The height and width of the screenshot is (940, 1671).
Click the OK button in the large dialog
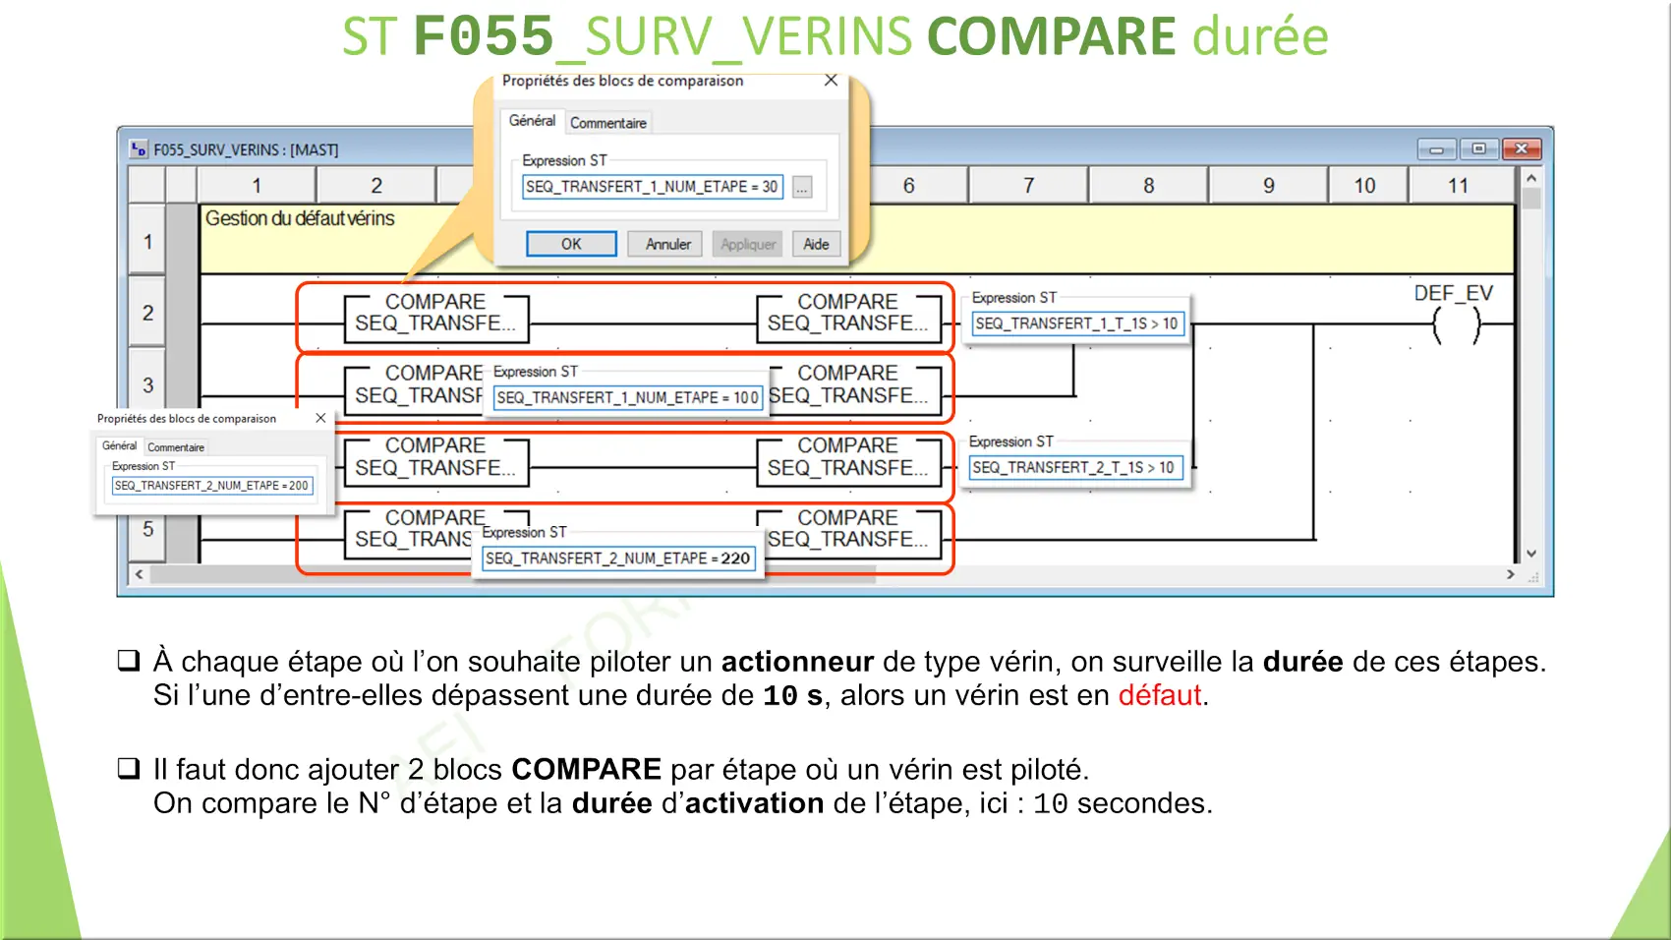click(x=571, y=244)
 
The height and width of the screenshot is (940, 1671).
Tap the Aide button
click(x=816, y=244)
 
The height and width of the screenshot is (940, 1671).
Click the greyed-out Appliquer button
click(x=747, y=244)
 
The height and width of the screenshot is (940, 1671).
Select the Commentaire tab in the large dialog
click(x=608, y=123)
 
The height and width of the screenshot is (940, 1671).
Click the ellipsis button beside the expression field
click(x=802, y=187)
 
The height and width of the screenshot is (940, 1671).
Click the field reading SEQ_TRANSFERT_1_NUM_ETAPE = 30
click(x=652, y=187)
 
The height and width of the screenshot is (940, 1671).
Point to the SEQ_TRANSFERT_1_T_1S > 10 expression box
click(x=1077, y=323)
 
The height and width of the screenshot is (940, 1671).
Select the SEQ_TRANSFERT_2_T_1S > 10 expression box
click(x=1075, y=467)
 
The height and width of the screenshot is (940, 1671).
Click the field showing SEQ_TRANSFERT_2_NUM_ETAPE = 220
click(x=618, y=558)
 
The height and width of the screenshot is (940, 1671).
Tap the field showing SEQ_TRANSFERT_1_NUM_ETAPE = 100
click(x=627, y=397)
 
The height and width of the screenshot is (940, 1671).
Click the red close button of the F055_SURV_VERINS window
click(x=1521, y=149)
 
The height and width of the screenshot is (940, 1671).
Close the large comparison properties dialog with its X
click(x=831, y=80)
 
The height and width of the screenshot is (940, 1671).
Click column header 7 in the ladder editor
click(x=1028, y=185)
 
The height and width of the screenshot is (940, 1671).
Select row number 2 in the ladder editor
click(x=147, y=312)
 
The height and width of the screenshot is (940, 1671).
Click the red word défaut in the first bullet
click(x=1159, y=695)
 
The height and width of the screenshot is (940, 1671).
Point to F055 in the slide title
click(x=484, y=35)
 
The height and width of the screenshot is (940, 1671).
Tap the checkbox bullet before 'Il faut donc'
click(x=129, y=768)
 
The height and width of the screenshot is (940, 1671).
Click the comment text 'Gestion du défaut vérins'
click(x=300, y=218)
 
